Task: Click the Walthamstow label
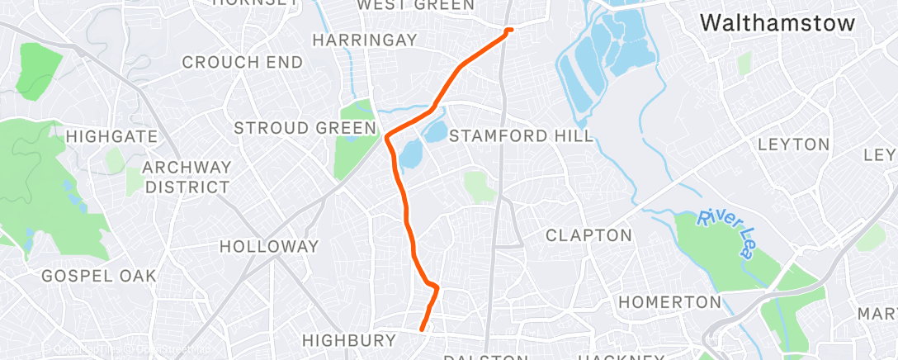click(x=777, y=24)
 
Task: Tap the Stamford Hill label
click(x=522, y=136)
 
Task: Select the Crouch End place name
click(x=242, y=62)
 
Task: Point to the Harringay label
click(x=365, y=40)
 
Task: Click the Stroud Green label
click(x=306, y=128)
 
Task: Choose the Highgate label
click(x=105, y=136)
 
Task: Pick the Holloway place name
click(x=269, y=246)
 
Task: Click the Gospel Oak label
click(x=98, y=276)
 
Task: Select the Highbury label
click(x=349, y=340)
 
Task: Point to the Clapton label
click(x=588, y=235)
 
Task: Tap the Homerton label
click(x=669, y=301)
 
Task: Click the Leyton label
click(x=793, y=144)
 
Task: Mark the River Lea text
click(x=725, y=234)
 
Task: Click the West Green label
click(x=415, y=6)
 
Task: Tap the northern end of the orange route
click(x=510, y=30)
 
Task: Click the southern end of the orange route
click(x=422, y=329)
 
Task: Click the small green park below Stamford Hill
click(x=480, y=187)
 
